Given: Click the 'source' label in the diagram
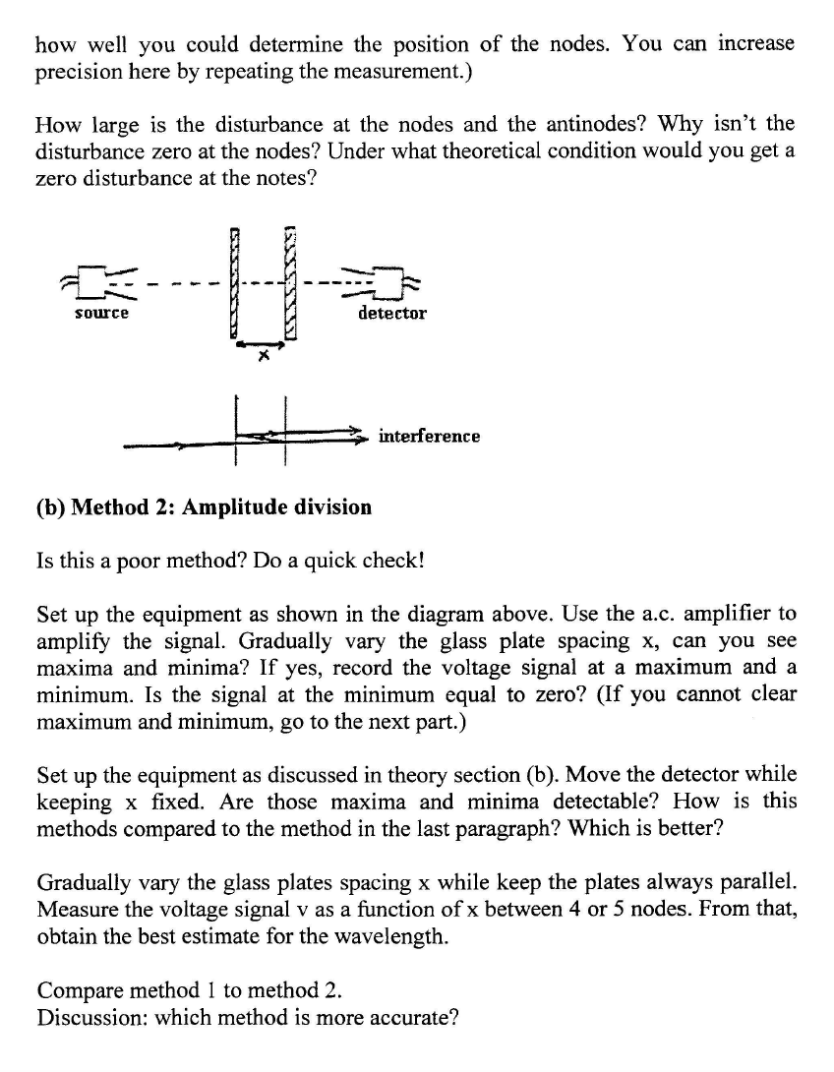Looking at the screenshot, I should click(103, 313).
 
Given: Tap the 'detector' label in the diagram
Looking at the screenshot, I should click(392, 313).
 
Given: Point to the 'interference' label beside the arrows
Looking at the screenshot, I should click(430, 435).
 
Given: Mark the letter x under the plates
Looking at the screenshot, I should click(262, 358).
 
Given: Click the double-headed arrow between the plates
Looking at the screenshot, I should click(261, 343).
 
